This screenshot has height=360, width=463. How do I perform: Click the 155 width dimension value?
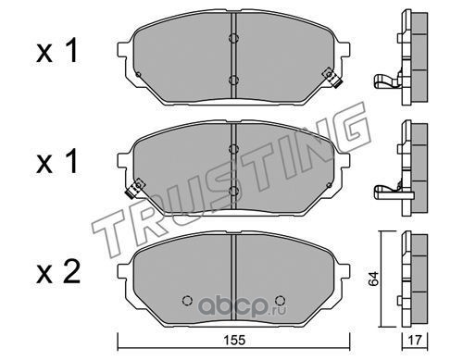(234, 340)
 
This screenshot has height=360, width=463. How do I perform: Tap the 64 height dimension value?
(373, 279)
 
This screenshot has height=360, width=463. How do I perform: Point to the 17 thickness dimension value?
(415, 341)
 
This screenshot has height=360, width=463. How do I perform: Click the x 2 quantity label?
(58, 272)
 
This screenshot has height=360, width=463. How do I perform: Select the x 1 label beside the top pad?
(57, 51)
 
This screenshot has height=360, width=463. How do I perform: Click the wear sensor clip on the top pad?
(332, 78)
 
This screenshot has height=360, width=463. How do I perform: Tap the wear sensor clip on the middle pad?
(134, 188)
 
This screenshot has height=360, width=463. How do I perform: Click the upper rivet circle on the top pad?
(233, 38)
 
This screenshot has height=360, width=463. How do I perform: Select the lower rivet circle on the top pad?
(233, 80)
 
